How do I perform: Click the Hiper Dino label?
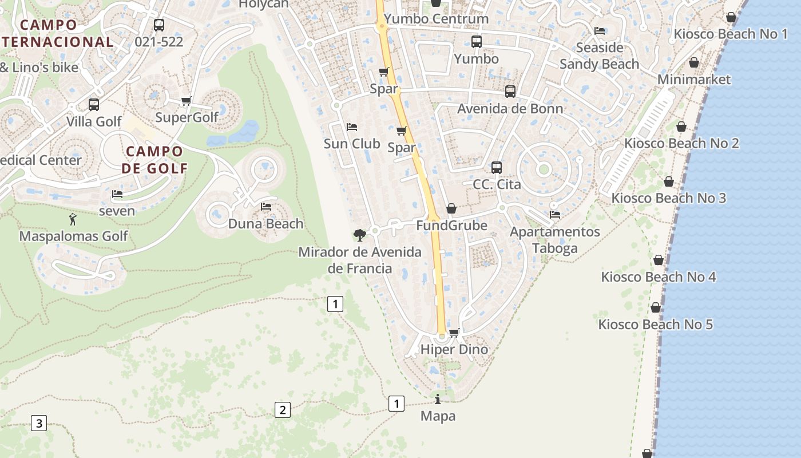[454, 349]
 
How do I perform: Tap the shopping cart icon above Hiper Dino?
[454, 333]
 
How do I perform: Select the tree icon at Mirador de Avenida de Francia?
[360, 235]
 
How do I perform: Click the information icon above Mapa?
[438, 399]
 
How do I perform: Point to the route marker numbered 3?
[38, 424]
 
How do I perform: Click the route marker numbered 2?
[282, 410]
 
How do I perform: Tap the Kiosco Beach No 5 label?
[656, 325]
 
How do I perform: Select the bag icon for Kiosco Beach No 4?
[659, 260]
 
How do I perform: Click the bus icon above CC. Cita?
[497, 168]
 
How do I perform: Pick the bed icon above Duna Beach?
[266, 207]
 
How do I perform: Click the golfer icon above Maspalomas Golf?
[73, 219]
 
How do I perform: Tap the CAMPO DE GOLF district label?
[154, 160]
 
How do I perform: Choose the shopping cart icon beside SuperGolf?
[186, 101]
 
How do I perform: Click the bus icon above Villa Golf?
[94, 105]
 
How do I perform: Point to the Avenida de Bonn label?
[510, 108]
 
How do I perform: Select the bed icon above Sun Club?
[352, 127]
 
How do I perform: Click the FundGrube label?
[451, 226]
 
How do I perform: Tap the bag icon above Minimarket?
[694, 62]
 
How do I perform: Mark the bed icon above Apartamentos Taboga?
[555, 215]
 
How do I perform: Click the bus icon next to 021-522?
[159, 25]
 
